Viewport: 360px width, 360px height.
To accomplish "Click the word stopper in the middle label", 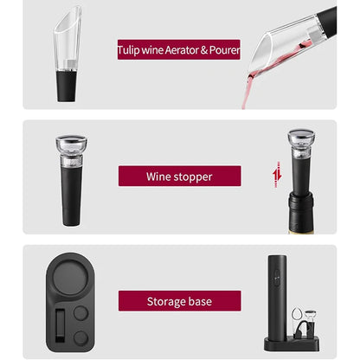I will [x=191, y=177].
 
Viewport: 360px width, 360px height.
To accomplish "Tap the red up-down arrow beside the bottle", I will [x=276, y=176].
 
